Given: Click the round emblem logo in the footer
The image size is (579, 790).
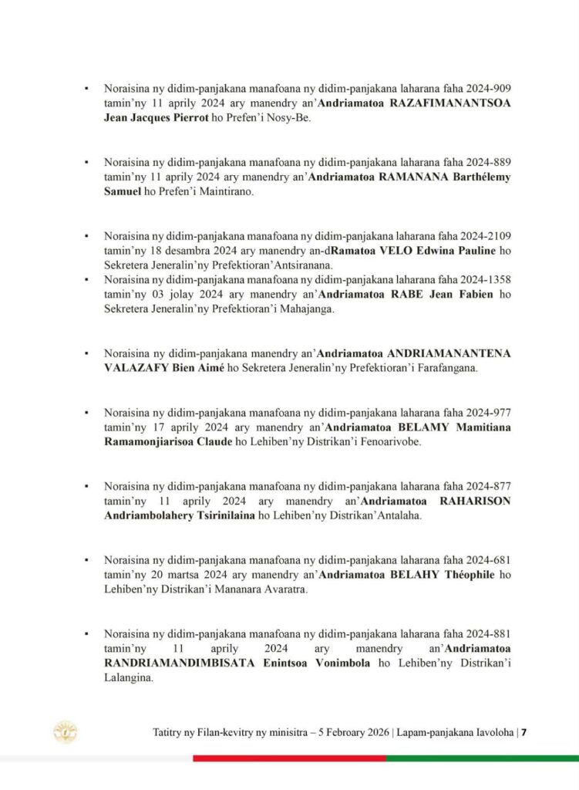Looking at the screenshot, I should coord(64,731).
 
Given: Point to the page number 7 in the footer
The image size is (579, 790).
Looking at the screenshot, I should coord(523,733).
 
